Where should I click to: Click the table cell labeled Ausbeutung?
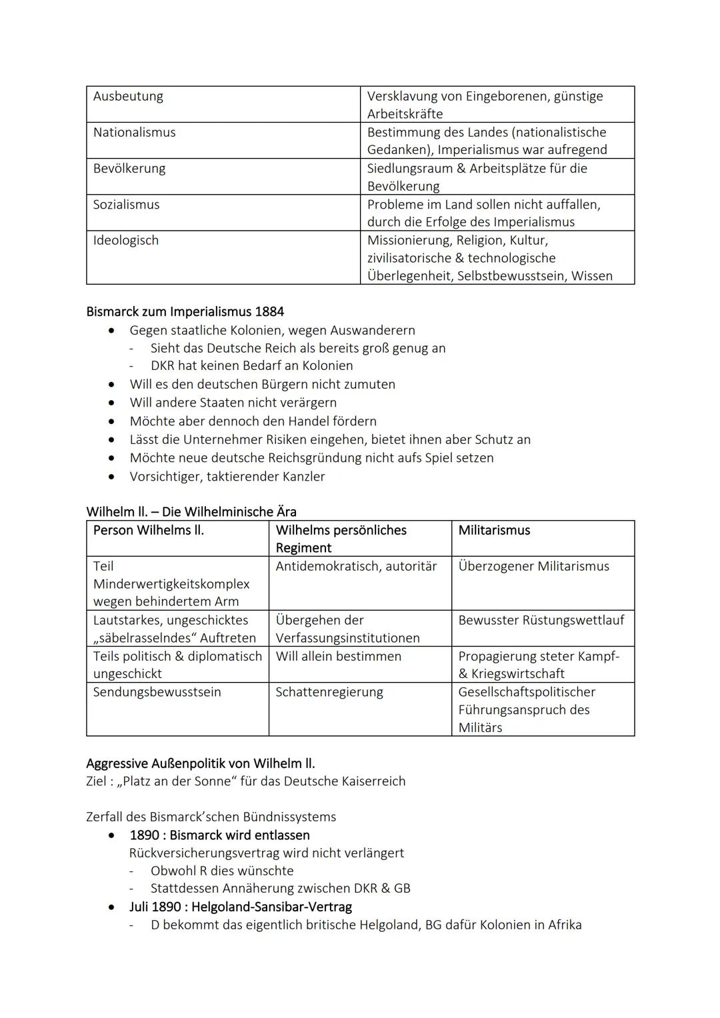pyautogui.click(x=128, y=96)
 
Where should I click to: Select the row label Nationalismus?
pyautogui.click(x=134, y=132)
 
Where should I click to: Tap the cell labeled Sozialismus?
pyautogui.click(x=126, y=205)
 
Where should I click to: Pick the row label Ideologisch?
pyautogui.click(x=125, y=240)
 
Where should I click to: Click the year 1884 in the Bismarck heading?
pyautogui.click(x=269, y=311)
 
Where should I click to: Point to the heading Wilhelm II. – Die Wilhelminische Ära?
pyautogui.click(x=191, y=511)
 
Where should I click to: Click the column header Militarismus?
pyautogui.click(x=494, y=530)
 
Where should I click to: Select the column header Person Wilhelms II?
pyautogui.click(x=148, y=530)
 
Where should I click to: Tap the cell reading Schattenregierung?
pyautogui.click(x=329, y=692)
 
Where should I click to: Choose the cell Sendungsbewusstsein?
pyautogui.click(x=157, y=692)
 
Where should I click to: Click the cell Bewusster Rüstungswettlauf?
pyautogui.click(x=541, y=620)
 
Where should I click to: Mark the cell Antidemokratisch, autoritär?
pyautogui.click(x=356, y=566)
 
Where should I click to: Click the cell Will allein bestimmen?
pyautogui.click(x=338, y=656)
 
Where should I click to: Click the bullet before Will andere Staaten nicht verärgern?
pyautogui.click(x=112, y=403)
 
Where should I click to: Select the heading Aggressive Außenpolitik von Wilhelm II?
pyautogui.click(x=200, y=763)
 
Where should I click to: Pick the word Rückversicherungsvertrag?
pyautogui.click(x=204, y=853)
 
